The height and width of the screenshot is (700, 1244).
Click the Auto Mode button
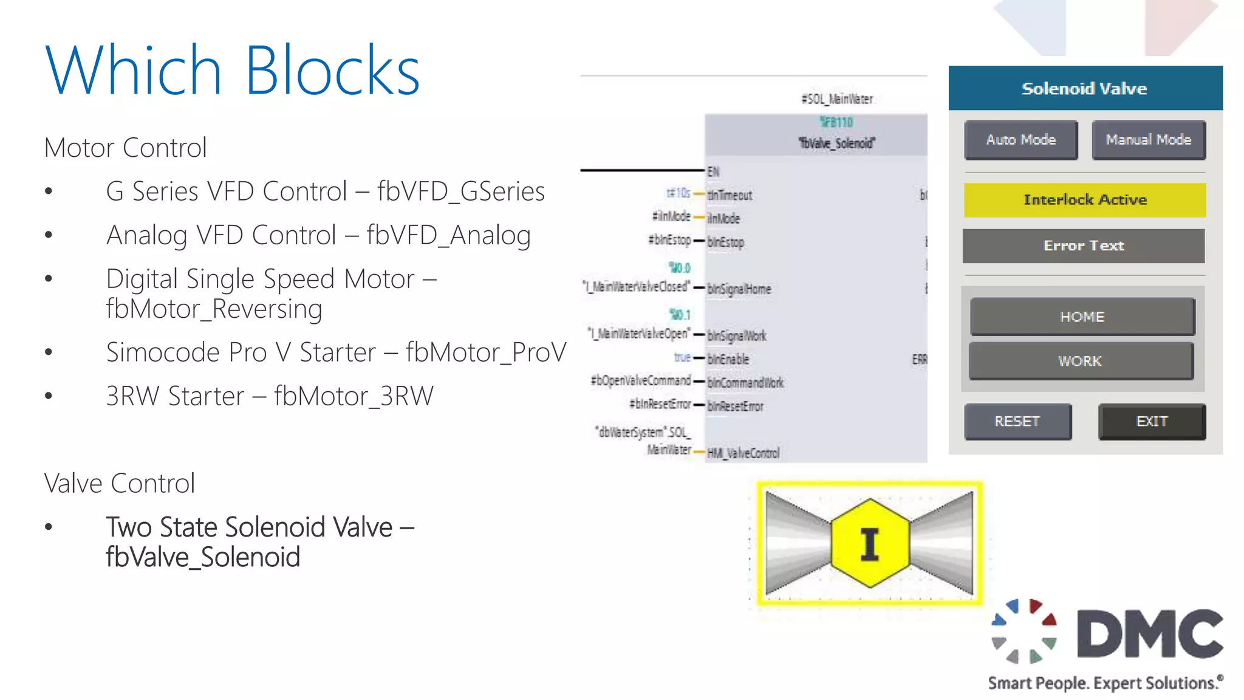pyautogui.click(x=1020, y=140)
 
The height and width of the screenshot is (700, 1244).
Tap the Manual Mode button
pyautogui.click(x=1148, y=140)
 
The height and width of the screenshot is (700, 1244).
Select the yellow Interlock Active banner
pyautogui.click(x=1085, y=200)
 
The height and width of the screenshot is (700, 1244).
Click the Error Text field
pyautogui.click(x=1084, y=246)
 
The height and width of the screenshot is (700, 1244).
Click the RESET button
pyautogui.click(x=1017, y=421)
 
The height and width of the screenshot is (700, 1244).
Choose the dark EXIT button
pyautogui.click(x=1152, y=421)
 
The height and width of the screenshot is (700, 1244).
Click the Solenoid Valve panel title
pyautogui.click(x=1085, y=89)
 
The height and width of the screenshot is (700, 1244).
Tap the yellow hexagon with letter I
pyautogui.click(x=870, y=543)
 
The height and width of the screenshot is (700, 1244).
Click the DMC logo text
pyautogui.click(x=1149, y=633)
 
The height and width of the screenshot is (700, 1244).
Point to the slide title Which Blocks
pyautogui.click(x=233, y=70)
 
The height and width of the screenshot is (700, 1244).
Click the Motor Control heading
pyautogui.click(x=126, y=148)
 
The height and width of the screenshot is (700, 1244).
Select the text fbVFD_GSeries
pyautogui.click(x=460, y=191)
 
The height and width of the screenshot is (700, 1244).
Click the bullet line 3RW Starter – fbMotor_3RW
pyautogui.click(x=270, y=396)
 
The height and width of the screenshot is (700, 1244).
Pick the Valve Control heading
pyautogui.click(x=120, y=484)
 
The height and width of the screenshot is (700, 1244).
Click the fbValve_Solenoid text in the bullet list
pyautogui.click(x=203, y=557)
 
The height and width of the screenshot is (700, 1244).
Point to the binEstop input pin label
pyautogui.click(x=725, y=242)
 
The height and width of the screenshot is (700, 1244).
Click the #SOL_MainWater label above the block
pyautogui.click(x=836, y=99)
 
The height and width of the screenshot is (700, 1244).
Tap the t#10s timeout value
pyautogui.click(x=678, y=193)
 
